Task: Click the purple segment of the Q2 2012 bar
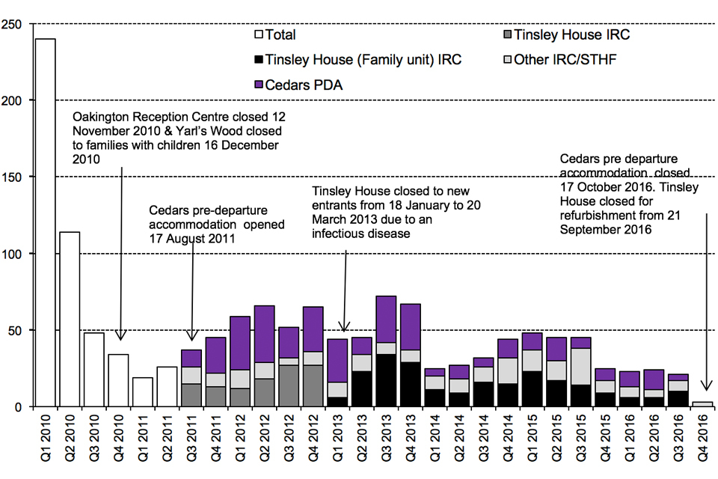pos(264,334)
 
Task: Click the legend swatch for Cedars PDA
pos(260,85)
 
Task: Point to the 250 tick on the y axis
pos(16,24)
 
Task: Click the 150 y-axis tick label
pos(16,177)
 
